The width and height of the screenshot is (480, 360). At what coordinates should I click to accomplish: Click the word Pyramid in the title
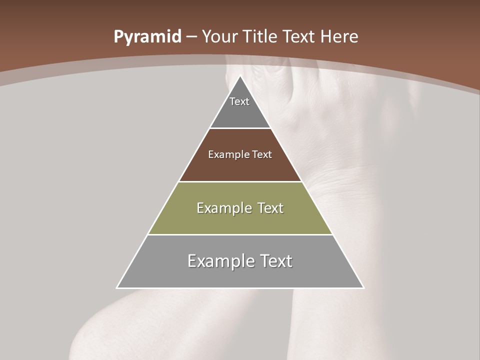(x=147, y=37)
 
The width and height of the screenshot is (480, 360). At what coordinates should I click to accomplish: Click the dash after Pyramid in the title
(x=191, y=37)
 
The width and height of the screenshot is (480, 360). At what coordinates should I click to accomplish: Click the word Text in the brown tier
(x=262, y=155)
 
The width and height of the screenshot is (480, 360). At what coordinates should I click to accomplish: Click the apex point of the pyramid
(x=240, y=76)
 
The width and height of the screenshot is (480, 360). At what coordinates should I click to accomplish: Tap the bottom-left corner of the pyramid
(x=117, y=287)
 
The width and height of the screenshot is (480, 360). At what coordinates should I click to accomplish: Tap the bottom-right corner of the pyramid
(x=363, y=287)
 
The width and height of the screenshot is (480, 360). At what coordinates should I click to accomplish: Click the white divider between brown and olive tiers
(x=240, y=181)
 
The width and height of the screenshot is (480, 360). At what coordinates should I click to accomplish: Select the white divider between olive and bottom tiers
(x=240, y=234)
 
